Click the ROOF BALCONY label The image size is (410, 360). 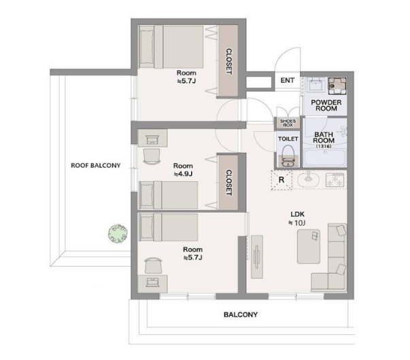[x=96, y=165]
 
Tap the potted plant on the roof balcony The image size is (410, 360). [x=118, y=233]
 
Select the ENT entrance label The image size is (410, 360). [x=288, y=80]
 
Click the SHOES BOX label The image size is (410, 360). [x=288, y=123]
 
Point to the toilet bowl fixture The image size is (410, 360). [x=288, y=156]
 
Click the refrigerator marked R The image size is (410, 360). [x=281, y=180]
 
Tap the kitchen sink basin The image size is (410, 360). [x=309, y=179]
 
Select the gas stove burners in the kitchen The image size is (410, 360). [x=335, y=180]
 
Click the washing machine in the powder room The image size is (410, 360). [x=337, y=86]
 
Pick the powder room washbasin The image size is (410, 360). [x=315, y=84]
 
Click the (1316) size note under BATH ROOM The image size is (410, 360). [x=324, y=146]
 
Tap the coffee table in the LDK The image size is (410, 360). [x=309, y=247]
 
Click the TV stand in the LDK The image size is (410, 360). [x=257, y=257]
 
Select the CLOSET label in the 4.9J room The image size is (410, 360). [x=228, y=183]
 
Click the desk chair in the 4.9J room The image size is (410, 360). [x=152, y=156]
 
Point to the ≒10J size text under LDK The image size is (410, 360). [x=296, y=223]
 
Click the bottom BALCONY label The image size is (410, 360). [x=241, y=314]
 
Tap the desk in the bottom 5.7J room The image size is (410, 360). [x=153, y=283]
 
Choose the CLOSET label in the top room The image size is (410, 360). [x=228, y=61]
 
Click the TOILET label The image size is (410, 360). [x=288, y=139]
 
